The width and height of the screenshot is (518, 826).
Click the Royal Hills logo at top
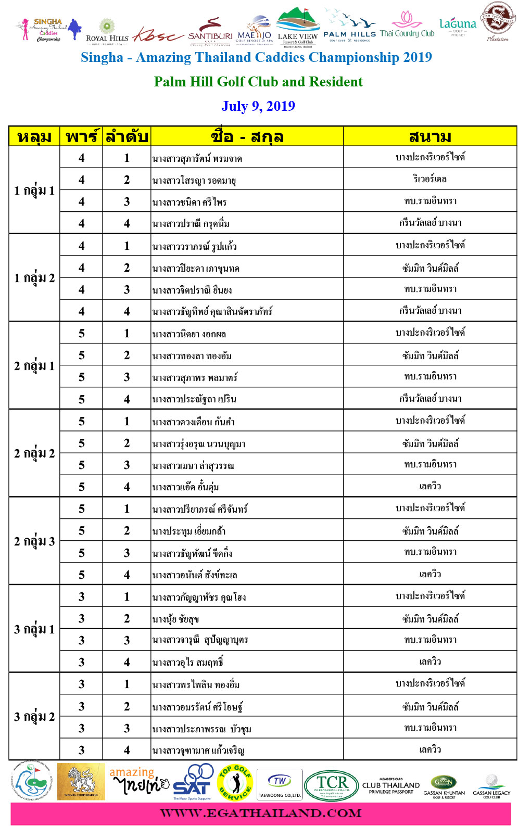[107, 31]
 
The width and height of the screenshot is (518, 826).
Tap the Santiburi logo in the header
[210, 32]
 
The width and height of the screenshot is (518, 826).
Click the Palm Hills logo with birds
[349, 26]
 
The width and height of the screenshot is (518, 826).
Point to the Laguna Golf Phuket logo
[458, 27]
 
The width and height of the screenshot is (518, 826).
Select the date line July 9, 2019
[258, 106]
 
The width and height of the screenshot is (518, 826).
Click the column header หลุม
[34, 136]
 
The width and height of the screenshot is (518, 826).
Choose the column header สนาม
[430, 136]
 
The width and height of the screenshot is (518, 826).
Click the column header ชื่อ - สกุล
[247, 136]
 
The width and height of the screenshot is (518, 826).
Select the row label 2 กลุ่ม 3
[34, 541]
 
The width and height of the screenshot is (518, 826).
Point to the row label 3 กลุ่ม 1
[34, 629]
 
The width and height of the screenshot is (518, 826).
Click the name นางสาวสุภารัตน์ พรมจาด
[197, 159]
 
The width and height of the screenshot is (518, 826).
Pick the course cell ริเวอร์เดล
[430, 180]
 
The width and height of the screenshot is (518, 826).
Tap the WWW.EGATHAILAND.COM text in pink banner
[260, 813]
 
